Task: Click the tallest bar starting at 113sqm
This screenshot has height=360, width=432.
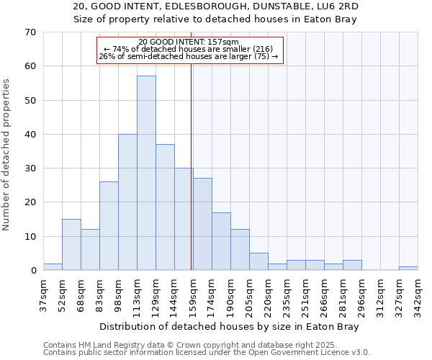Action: click(x=146, y=173)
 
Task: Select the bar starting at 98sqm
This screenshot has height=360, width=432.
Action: click(x=127, y=202)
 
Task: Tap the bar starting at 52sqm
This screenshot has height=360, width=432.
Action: click(x=71, y=245)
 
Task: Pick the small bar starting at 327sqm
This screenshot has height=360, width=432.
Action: click(x=408, y=269)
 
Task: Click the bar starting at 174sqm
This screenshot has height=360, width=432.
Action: click(x=221, y=241)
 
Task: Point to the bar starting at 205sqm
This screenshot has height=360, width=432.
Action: click(x=258, y=262)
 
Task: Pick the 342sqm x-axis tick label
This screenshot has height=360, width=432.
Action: click(x=418, y=295)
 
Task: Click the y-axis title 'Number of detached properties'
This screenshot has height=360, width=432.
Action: click(x=7, y=155)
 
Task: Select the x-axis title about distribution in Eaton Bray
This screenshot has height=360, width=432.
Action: click(x=229, y=326)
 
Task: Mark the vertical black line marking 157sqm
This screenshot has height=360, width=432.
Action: click(x=191, y=180)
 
